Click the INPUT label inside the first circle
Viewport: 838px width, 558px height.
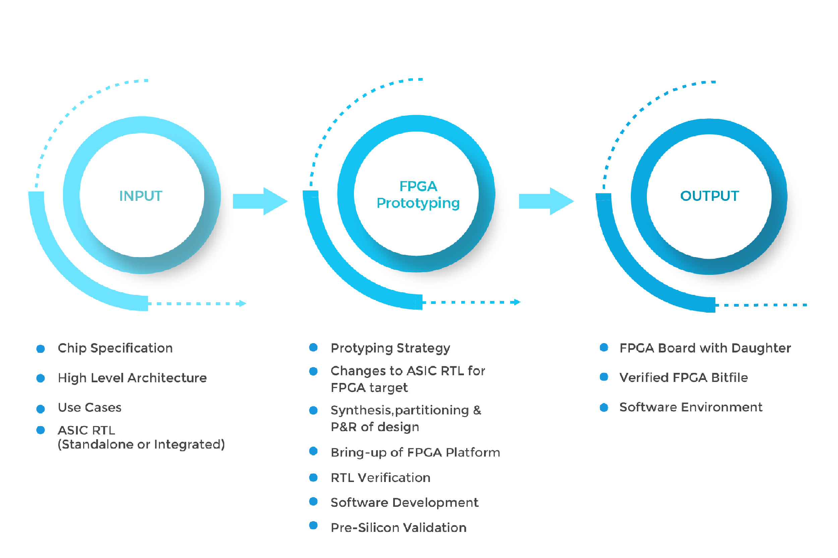pyautogui.click(x=141, y=196)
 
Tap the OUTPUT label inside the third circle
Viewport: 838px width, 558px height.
pyautogui.click(x=709, y=196)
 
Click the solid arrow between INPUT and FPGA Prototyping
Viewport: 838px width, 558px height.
pyautogui.click(x=260, y=201)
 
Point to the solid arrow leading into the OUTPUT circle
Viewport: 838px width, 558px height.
pyautogui.click(x=546, y=201)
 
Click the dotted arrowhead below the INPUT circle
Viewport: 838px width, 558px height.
pyautogui.click(x=243, y=304)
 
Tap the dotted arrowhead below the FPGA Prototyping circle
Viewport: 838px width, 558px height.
pyautogui.click(x=517, y=302)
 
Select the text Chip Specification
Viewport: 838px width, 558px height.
pyautogui.click(x=115, y=348)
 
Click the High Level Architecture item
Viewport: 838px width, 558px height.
pyautogui.click(x=132, y=378)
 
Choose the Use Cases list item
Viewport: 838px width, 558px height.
pyautogui.click(x=89, y=407)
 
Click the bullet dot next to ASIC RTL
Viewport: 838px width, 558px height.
pyautogui.click(x=41, y=430)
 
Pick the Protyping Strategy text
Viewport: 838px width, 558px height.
pyautogui.click(x=390, y=348)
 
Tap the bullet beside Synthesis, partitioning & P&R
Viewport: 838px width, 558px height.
pyautogui.click(x=313, y=411)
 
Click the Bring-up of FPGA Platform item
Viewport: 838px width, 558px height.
pyautogui.click(x=415, y=452)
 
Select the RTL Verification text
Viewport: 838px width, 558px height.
pyautogui.click(x=380, y=478)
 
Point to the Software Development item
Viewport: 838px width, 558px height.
pyautogui.click(x=404, y=502)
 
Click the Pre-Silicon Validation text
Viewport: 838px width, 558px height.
pyautogui.click(x=398, y=528)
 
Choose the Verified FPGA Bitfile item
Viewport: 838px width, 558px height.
pyautogui.click(x=683, y=378)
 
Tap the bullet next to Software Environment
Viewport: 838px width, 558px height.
pyautogui.click(x=604, y=407)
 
